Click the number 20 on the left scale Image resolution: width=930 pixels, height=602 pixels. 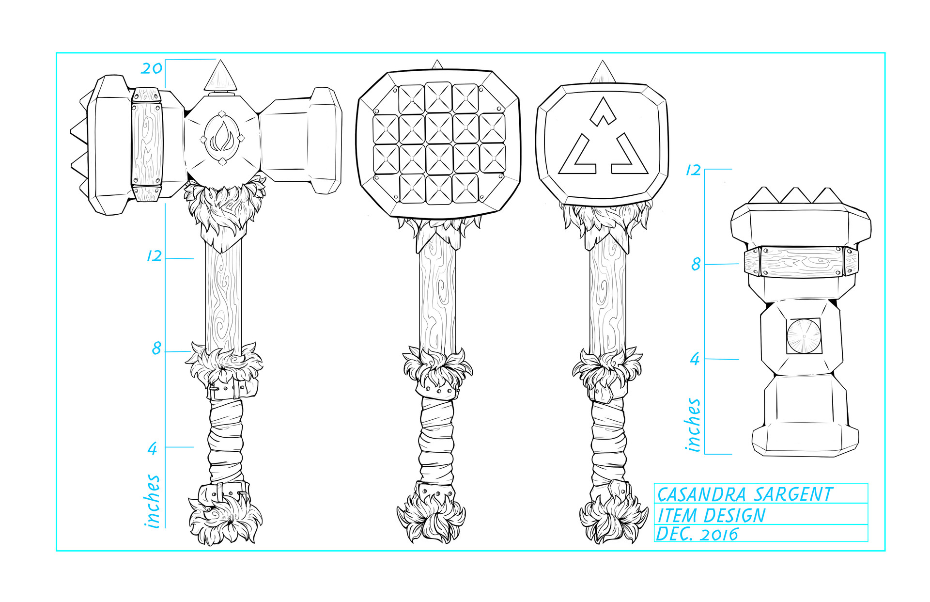point(152,68)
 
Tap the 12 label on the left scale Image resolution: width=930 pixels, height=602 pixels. point(154,255)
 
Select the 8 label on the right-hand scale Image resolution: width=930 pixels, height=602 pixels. point(696,264)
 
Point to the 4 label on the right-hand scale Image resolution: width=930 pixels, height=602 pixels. point(695,359)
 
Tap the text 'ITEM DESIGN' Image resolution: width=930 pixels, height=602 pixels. point(711,515)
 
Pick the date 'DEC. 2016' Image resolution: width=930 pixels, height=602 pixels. point(697,534)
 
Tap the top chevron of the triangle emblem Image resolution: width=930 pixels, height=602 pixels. point(603,111)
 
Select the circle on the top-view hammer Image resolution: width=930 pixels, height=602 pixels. point(803,335)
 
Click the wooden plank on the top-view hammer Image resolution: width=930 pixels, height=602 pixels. point(801,262)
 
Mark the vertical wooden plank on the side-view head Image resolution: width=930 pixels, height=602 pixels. point(147,144)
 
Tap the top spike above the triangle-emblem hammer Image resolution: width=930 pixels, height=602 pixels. point(603,72)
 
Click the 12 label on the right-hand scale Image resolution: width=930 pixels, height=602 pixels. point(693,170)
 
